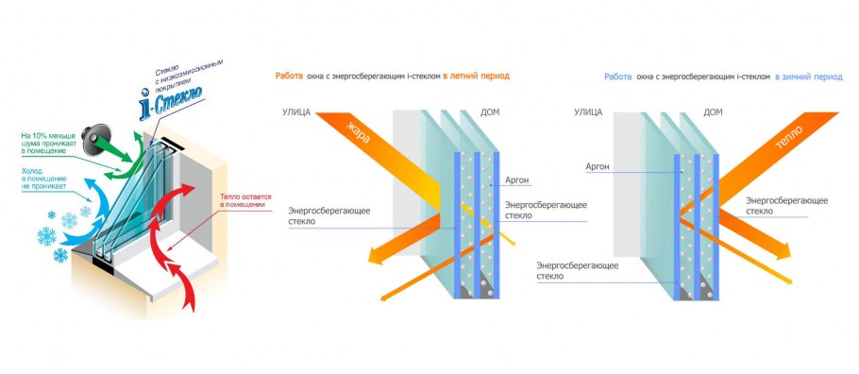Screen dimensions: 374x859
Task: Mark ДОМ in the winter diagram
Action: click(714, 112)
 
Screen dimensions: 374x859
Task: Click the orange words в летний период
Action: click(480, 76)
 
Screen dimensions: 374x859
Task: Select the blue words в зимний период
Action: click(810, 76)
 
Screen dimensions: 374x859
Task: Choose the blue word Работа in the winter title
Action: click(618, 76)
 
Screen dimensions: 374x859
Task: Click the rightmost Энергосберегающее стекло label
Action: click(786, 206)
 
